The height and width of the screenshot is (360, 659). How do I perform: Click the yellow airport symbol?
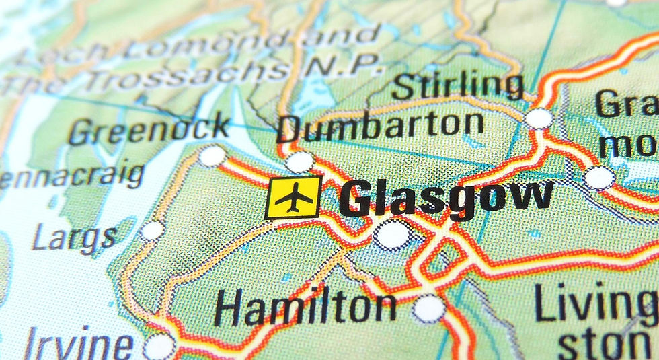[294, 197]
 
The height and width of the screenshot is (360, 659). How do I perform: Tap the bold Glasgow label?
[445, 199]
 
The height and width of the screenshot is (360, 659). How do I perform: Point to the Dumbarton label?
[381, 126]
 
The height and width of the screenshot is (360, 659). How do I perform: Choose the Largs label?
[74, 238]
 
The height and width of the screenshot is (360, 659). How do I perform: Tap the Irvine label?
[78, 345]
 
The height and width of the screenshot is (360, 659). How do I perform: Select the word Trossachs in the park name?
[168, 73]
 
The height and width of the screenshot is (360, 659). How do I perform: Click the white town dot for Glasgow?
[392, 235]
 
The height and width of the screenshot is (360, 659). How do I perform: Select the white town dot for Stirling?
[539, 118]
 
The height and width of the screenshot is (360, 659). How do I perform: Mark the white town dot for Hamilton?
[428, 308]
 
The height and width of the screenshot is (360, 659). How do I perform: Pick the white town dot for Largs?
[153, 231]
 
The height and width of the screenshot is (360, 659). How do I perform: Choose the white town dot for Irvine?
[159, 347]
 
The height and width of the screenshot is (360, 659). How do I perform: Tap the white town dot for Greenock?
[212, 156]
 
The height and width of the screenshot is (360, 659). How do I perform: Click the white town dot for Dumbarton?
[299, 161]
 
